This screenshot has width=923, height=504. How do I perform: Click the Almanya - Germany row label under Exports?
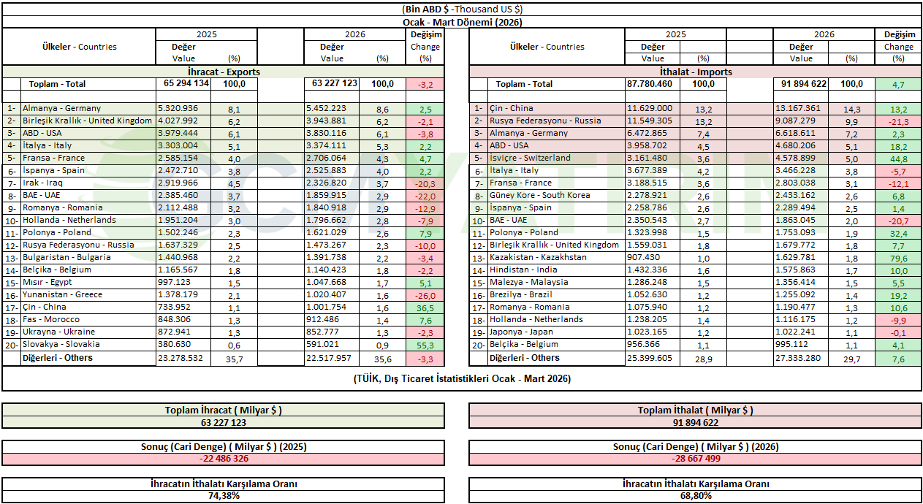61,108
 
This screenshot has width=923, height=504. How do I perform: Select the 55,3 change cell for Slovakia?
425,345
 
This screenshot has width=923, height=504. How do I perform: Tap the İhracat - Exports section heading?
224,72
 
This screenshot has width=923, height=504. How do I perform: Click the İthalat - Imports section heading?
695,72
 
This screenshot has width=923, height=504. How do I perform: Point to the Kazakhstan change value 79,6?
898,258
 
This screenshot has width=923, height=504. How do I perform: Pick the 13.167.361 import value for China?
801,109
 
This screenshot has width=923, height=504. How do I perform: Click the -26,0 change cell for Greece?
425,295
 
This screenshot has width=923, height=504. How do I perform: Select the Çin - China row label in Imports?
512,109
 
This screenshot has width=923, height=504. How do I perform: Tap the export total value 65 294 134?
183,84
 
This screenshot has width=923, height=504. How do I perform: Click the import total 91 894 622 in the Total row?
801,84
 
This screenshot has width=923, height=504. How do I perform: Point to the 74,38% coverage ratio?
223,495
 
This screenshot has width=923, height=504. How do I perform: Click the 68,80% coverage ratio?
695,495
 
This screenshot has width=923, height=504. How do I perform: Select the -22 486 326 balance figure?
223,459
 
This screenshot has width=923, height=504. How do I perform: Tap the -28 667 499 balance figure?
695,459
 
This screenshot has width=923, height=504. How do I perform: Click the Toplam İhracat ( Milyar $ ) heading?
223,411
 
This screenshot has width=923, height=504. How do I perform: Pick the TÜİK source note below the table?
462,378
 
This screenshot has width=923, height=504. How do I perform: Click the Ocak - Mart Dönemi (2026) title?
462,22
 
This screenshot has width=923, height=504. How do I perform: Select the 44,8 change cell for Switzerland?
898,159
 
